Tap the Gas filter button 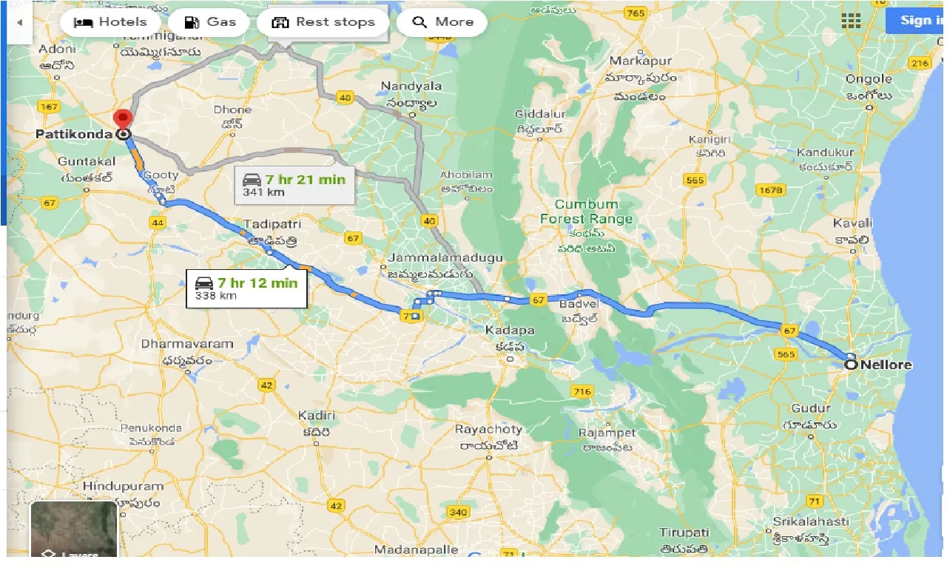coord(210,22)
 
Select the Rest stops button coord(323,22)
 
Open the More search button coord(442,22)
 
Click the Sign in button coord(917,21)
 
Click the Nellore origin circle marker coord(851,364)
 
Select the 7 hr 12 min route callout coord(246,288)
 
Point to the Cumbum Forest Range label coord(587,212)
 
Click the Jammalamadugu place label coord(444,257)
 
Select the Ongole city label coord(869,79)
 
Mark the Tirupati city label coord(684,532)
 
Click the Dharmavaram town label coord(187,344)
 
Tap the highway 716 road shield coord(582,390)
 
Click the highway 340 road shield coord(459,512)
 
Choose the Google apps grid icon coord(852,21)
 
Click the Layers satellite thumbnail coord(74,529)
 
